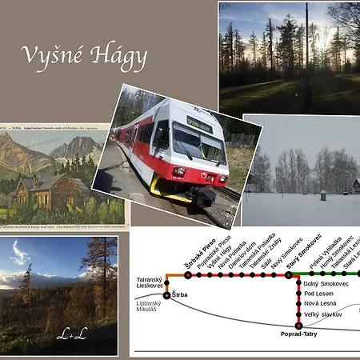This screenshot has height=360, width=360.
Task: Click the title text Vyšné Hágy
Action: pos(83,56)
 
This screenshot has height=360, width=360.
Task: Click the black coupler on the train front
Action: pos(206,194)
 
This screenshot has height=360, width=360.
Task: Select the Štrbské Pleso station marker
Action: pos(188,274)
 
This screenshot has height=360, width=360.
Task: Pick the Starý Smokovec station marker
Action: pos(290,274)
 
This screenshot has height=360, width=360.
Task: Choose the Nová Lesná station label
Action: pos(321,304)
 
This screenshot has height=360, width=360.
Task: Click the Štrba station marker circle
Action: pos(166,295)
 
